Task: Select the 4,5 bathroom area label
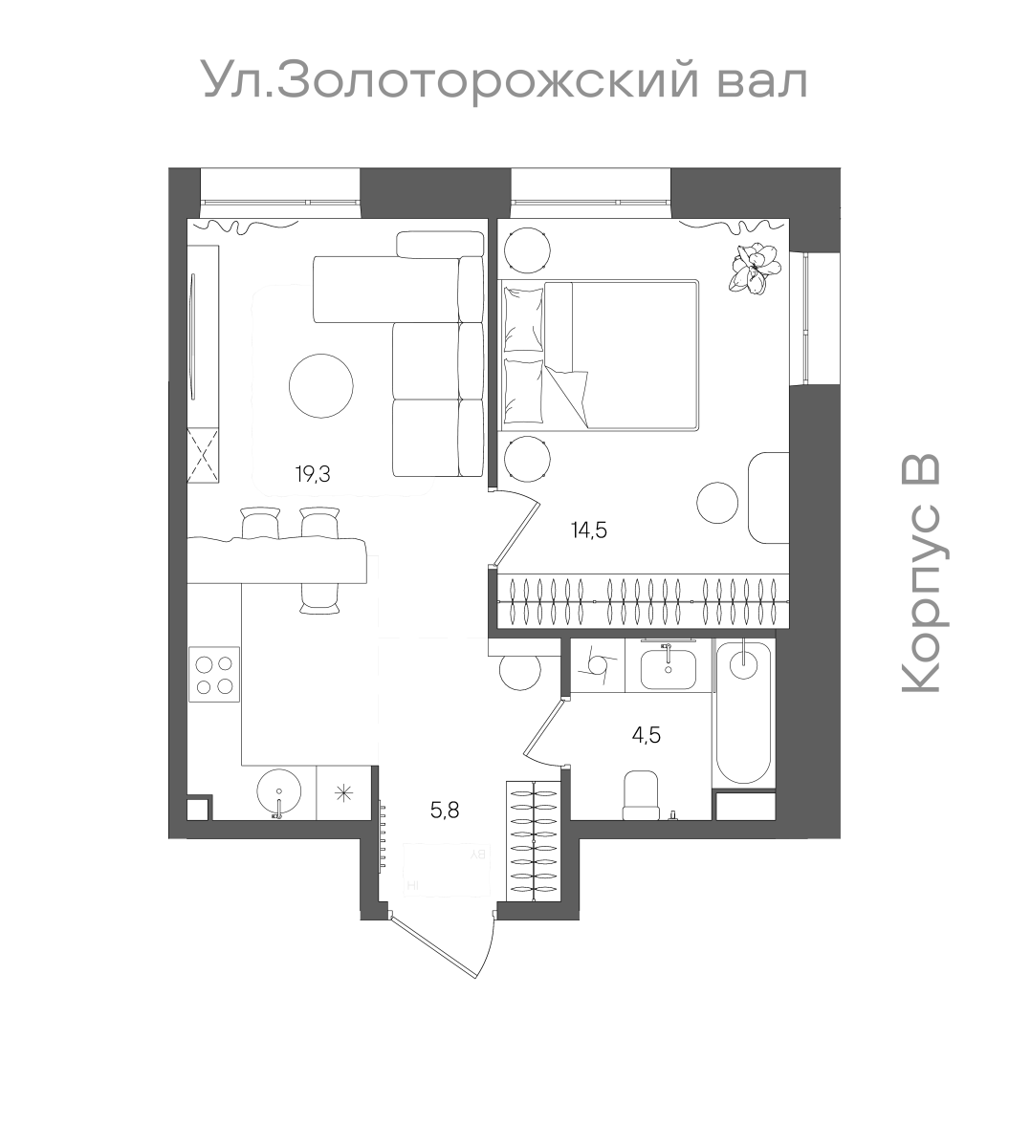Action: pyautogui.click(x=647, y=735)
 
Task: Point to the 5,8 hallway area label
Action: pyautogui.click(x=445, y=812)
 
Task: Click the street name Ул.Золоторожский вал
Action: pyautogui.click(x=505, y=80)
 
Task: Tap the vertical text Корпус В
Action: pyautogui.click(x=922, y=573)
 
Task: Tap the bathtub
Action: pyautogui.click(x=743, y=712)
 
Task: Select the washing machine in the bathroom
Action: pyautogui.click(x=598, y=665)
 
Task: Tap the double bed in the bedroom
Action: pyautogui.click(x=601, y=353)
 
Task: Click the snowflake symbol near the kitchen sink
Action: pyautogui.click(x=343, y=792)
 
